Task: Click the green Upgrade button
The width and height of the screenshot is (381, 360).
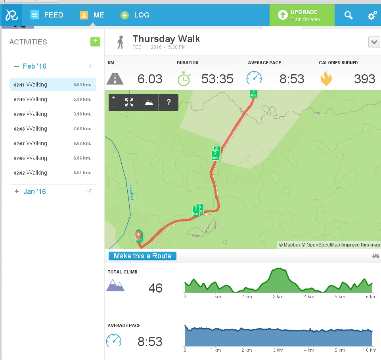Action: [302, 15]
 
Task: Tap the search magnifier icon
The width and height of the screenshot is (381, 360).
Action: [348, 15]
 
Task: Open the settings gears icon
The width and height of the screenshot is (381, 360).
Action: [372, 15]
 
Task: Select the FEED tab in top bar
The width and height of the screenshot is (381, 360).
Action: [47, 15]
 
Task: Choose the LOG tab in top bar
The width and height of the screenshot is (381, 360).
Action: [135, 15]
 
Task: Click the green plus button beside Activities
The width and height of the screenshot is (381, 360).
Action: [95, 41]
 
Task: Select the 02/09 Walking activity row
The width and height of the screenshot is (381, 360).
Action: [53, 114]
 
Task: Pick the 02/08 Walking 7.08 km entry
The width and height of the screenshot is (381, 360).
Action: [53, 129]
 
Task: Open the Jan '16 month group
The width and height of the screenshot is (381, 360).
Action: [34, 192]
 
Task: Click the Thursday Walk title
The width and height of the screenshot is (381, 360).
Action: [166, 39]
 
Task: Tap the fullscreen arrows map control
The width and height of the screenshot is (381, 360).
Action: [129, 102]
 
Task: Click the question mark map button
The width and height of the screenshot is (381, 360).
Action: [168, 102]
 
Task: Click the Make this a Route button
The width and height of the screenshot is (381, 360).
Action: [142, 256]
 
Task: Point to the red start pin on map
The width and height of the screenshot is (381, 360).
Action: [138, 235]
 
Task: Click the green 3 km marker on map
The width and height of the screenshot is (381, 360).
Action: [253, 93]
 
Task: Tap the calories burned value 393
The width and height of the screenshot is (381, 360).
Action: [364, 79]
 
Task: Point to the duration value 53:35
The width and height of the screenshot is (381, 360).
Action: [217, 79]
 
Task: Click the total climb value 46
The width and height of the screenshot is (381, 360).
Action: [155, 288]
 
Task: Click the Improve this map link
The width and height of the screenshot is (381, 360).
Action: [360, 245]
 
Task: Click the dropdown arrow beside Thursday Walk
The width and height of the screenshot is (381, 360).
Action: [374, 42]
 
